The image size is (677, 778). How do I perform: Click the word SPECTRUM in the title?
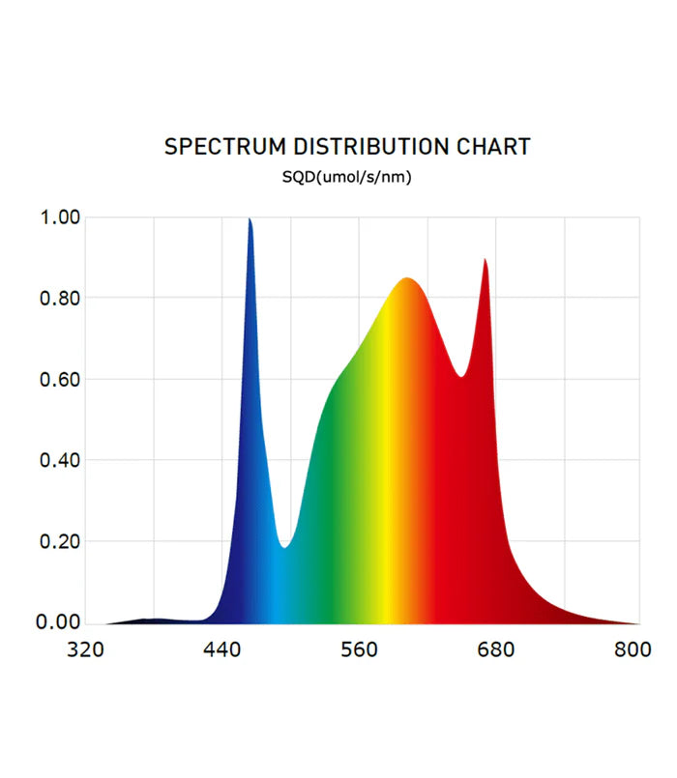[x=225, y=147]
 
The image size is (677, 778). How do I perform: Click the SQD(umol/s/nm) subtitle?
[x=347, y=177]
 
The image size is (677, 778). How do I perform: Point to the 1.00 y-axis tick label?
[x=59, y=217]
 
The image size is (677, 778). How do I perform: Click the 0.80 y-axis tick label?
[x=59, y=299]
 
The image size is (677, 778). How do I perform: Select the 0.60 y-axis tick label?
[x=59, y=379]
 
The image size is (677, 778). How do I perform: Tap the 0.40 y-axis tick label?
[x=59, y=460]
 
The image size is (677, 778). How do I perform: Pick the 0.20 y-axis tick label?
[x=59, y=541]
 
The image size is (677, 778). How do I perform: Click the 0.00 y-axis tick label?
[x=59, y=622]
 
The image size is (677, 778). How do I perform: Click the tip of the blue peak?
[x=250, y=219]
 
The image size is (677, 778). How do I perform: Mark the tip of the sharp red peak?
[x=485, y=259]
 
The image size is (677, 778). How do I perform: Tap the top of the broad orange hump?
[x=407, y=279]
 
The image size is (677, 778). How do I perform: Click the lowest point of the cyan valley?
[x=284, y=547]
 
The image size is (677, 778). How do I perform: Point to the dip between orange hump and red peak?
[x=462, y=376]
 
